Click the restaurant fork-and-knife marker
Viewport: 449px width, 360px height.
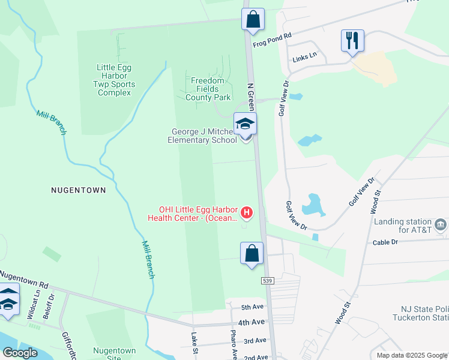point(352,41)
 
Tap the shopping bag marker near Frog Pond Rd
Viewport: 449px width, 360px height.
point(253,19)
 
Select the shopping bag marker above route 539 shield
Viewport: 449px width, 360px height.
point(252,253)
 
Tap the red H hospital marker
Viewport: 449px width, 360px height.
point(246,212)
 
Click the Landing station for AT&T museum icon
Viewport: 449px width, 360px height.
point(441,224)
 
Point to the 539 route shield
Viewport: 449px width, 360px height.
point(267,281)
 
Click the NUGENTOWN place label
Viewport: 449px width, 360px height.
point(79,190)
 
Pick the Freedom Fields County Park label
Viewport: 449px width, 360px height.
point(208,89)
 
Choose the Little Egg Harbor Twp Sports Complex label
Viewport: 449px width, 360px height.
point(115,80)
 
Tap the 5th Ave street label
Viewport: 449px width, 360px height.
point(253,307)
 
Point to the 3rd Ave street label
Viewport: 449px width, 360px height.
point(255,340)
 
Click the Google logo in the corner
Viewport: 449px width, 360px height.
point(20,353)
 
